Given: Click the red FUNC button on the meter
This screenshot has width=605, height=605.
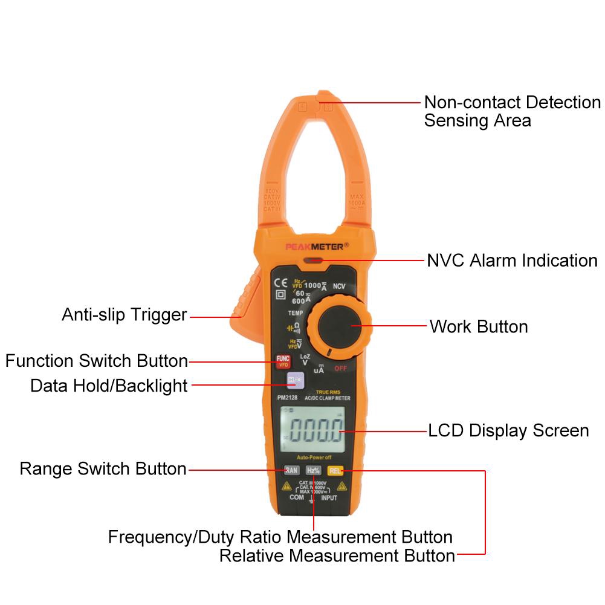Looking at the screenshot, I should [283, 361].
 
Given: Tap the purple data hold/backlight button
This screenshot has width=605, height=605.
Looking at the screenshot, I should [296, 380].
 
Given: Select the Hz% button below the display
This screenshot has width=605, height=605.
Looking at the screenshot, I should [313, 470].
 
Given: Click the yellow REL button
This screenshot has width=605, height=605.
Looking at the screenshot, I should [334, 470].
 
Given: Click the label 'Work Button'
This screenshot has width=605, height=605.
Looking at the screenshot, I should [478, 326].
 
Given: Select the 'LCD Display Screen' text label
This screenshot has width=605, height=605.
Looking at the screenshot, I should [508, 431].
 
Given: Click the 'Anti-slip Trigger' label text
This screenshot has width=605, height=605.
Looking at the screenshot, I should [125, 315].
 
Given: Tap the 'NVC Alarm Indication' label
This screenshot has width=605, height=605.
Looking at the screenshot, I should [512, 260].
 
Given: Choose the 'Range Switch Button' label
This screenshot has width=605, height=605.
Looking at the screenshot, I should [103, 469].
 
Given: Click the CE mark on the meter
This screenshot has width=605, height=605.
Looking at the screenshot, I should [281, 282].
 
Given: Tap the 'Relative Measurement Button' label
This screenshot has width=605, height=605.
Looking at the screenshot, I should [337, 555].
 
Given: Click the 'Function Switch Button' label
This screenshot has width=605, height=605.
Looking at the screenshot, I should [97, 361].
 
